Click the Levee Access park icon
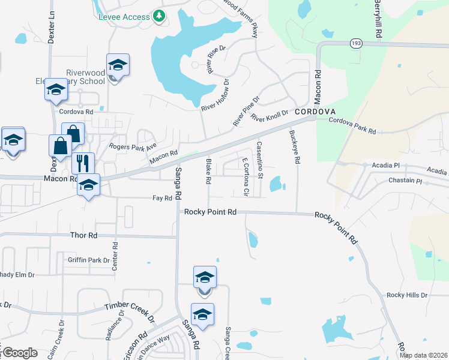pyautogui.click(x=158, y=16)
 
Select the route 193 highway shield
pyautogui.click(x=355, y=44)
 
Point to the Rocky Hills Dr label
pyautogui.click(x=407, y=295)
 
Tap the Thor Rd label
pyautogui.click(x=83, y=236)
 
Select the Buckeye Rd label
pyautogui.click(x=294, y=147)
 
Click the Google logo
pyautogui.click(x=19, y=353)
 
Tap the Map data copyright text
pyautogui.click(x=424, y=355)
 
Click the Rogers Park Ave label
pyautogui.click(x=132, y=146)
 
